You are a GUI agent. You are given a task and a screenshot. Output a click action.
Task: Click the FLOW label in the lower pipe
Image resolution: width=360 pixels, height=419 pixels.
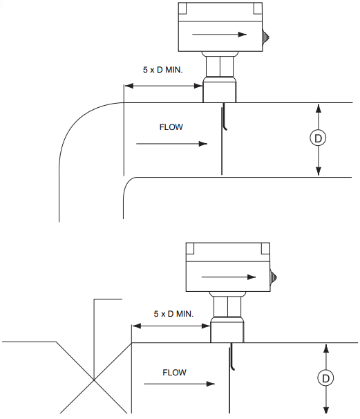pos(175,373)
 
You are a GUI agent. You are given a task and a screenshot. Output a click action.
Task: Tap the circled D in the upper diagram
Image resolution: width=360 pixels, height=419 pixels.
pos(318,138)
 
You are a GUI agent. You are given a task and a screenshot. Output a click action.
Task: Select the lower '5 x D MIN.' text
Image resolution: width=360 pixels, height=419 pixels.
pos(173,314)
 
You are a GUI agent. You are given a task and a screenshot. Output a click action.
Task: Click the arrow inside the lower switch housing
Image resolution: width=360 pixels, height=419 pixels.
pos(227,277)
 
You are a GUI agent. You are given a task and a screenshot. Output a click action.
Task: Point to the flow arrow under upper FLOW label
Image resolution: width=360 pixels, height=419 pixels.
pos(172,144)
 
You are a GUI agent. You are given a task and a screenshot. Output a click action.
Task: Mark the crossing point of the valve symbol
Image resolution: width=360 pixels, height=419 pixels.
pos(93,379)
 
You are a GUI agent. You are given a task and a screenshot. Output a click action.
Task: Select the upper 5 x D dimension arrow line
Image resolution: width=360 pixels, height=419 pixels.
pos(163,86)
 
